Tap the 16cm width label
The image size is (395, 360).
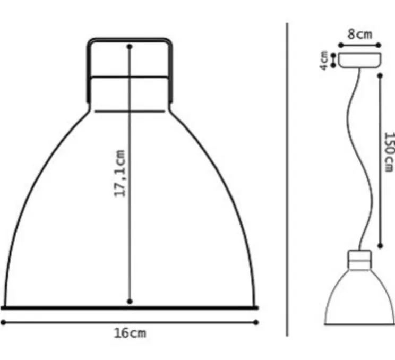pyautogui.click(x=130, y=333)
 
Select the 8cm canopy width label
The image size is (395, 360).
pyautogui.click(x=359, y=35)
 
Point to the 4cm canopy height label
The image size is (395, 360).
pyautogui.click(x=323, y=61)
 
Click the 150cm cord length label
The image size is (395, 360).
pyautogui.click(x=389, y=152)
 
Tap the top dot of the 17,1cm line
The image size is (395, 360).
pyautogui.click(x=130, y=47)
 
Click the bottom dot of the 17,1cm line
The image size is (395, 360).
pyautogui.click(x=130, y=301)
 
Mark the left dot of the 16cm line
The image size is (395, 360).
pyautogui.click(x=3, y=322)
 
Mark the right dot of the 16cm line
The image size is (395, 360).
pyautogui.click(x=256, y=322)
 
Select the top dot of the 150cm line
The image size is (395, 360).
pyautogui.click(x=380, y=75)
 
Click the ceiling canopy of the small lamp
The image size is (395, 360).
pyautogui.click(x=359, y=59)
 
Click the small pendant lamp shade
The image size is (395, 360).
pyautogui.click(x=361, y=300)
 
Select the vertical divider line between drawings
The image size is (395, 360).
pyautogui.click(x=287, y=181)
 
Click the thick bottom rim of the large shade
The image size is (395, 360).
pyautogui.click(x=130, y=307)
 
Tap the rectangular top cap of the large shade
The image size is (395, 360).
pyautogui.click(x=130, y=72)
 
